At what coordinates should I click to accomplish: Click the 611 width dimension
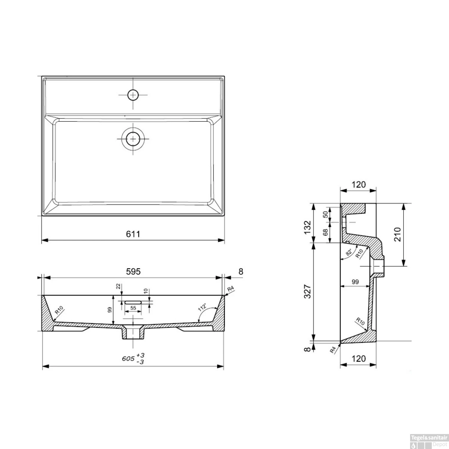coord(133,234)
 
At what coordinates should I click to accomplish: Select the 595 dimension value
coord(133,271)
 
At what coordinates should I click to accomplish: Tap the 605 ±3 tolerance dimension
coord(133,358)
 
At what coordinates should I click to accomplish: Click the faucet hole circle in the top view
coord(133,95)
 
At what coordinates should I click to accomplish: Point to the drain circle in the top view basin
coord(133,139)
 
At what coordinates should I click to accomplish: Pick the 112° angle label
coord(203,307)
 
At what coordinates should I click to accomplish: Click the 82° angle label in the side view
coord(349,252)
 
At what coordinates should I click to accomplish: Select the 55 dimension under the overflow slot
coord(133,308)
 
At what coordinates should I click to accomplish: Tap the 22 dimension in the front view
coord(118,286)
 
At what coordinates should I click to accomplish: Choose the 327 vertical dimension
coord(307,291)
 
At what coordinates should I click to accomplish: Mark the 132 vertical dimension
coord(307,227)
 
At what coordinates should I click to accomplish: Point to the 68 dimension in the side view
coord(325,232)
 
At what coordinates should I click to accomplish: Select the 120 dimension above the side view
coord(358,185)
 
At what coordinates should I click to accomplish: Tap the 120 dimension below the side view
coord(358,358)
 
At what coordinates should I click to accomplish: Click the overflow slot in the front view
coord(133,302)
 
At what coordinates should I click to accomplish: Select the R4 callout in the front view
coord(230,289)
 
